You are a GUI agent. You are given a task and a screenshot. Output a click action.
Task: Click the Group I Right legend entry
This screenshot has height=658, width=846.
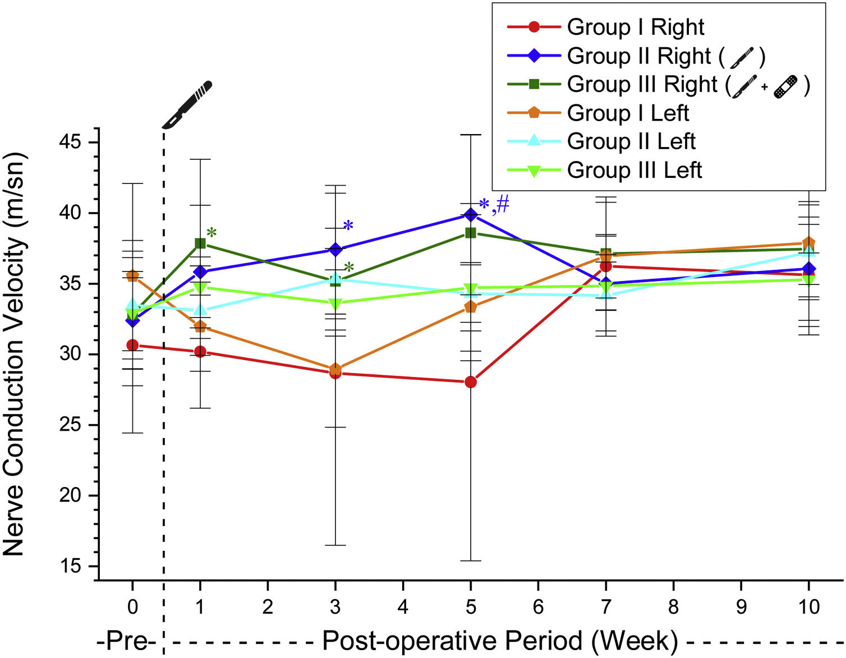pos(635,27)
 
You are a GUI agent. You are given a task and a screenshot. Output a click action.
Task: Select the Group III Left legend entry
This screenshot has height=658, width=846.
pos(634,170)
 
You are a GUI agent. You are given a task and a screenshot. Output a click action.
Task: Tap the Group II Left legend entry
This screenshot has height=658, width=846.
pos(631,141)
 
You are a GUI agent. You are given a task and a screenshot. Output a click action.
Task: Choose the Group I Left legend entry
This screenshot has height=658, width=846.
pos(627,113)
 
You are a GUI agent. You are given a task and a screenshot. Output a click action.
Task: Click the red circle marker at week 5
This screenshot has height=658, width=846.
pos(471,382)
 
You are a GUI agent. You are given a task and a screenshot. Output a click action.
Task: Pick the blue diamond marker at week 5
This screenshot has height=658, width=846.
pos(471,214)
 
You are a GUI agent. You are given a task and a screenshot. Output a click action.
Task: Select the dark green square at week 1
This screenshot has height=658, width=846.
pos(200,243)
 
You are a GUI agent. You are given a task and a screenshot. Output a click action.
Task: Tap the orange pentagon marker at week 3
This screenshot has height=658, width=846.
pos(335,369)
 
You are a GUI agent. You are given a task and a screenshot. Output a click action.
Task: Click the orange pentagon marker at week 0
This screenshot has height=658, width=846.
pos(132,276)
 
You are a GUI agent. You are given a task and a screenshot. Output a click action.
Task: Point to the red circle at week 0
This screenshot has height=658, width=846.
pos(132,345)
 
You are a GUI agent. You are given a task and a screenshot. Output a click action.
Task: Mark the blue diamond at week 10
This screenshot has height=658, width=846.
pos(808,269)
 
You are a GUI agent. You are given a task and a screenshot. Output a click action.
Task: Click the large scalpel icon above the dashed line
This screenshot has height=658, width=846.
pos(187,104)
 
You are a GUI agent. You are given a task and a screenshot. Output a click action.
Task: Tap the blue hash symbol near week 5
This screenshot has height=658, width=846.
pos(503,205)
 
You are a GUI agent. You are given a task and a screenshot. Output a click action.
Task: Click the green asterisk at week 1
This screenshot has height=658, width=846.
pos(211,233)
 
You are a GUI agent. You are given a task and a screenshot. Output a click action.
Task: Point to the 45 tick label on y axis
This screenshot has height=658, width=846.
pos(71,142)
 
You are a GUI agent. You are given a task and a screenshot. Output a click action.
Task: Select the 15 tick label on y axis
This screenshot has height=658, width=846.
pos(71,566)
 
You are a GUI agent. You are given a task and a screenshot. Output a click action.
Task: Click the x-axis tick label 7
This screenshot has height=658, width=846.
pos(606,606)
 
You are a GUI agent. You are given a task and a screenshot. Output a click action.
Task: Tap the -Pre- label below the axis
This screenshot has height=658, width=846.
pos(126,641)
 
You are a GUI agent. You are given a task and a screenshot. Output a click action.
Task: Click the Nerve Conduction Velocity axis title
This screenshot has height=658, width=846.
pos(15,353)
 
